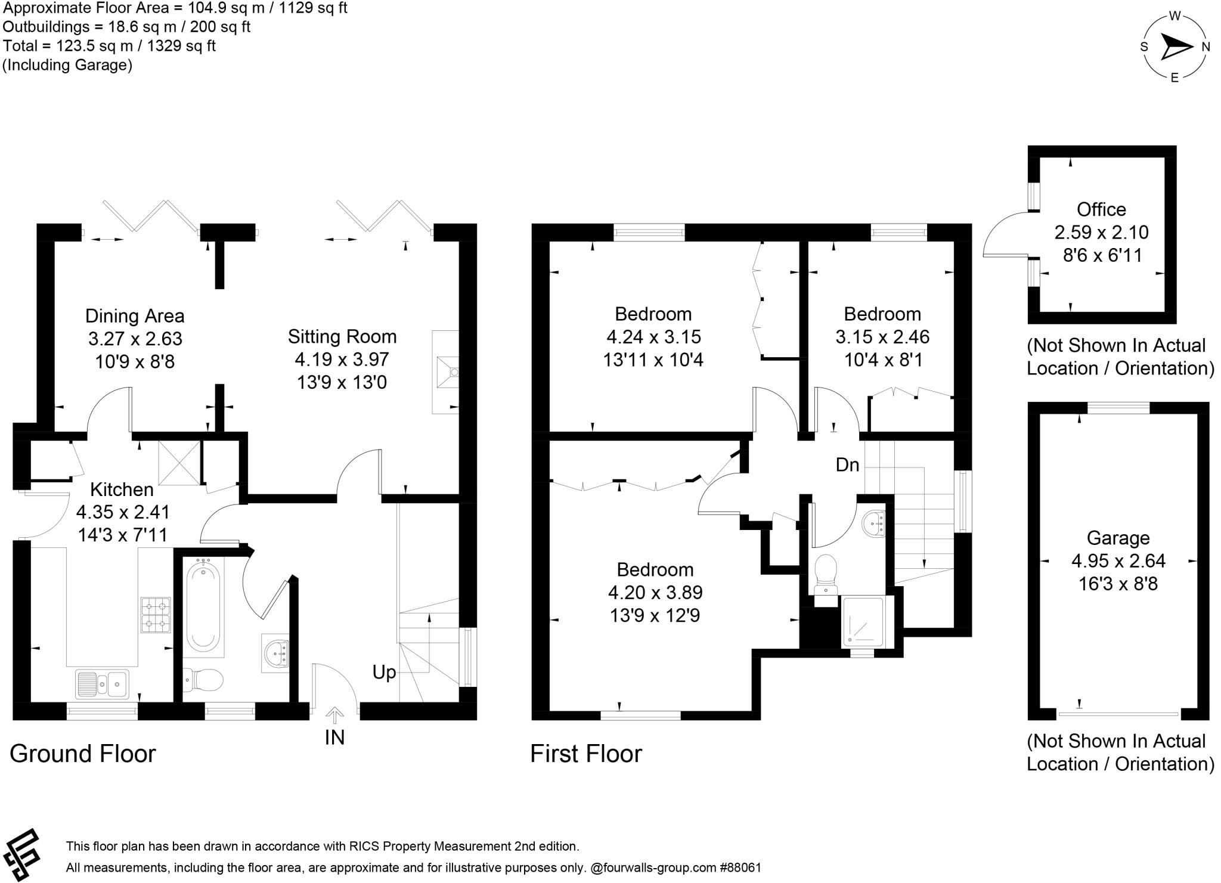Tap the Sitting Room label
(x=342, y=337)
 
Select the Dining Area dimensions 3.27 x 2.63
(x=135, y=339)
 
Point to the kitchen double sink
(x=102, y=683)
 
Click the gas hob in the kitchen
(x=155, y=615)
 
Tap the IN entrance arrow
(x=335, y=715)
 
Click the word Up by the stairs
(x=384, y=673)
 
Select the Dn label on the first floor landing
(x=847, y=465)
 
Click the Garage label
(x=1118, y=538)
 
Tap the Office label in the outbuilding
(x=1101, y=210)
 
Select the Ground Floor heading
(x=82, y=754)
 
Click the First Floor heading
(x=585, y=754)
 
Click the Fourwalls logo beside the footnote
(x=23, y=854)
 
